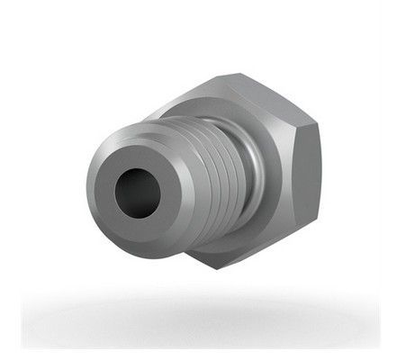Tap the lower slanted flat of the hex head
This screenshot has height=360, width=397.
coord(261,247)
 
